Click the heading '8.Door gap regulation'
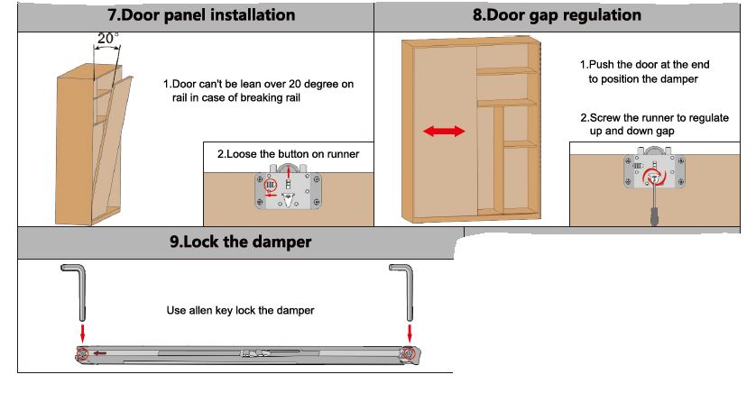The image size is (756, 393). (557, 15)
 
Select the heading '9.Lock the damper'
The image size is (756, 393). (241, 242)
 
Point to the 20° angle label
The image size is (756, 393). (107, 39)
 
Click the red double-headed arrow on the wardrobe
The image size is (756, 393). (443, 131)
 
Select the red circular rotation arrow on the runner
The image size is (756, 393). (651, 178)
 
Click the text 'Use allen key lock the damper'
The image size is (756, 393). (240, 310)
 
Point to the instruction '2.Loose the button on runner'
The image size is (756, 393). (288, 154)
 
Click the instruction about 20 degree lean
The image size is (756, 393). (259, 91)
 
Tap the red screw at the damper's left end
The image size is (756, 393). (83, 352)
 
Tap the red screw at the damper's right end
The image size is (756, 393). (410, 352)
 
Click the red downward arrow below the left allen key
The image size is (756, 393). (83, 333)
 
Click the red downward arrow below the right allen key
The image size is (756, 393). (410, 333)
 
